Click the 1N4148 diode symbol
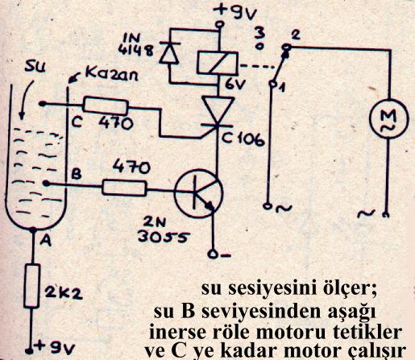(169, 52)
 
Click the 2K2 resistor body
(32, 286)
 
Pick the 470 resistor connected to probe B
(125, 187)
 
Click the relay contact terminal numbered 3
(259, 47)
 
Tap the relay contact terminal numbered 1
(272, 84)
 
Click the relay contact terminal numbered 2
(287, 48)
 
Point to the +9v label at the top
(235, 12)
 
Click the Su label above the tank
(35, 68)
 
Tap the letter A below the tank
(46, 241)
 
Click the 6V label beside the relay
(235, 85)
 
